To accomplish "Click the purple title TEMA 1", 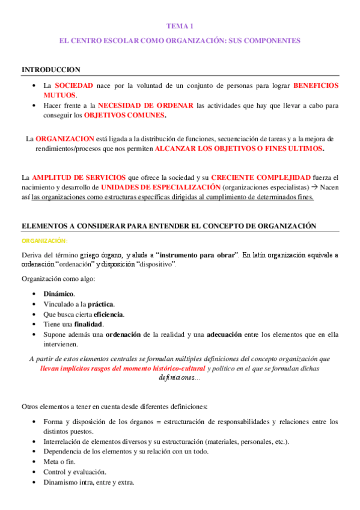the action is (180, 26).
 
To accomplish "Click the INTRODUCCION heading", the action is (51, 70).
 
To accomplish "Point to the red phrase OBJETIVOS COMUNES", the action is (125, 115).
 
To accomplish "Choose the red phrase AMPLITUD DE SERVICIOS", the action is (78, 177).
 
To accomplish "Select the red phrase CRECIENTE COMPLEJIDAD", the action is (261, 177).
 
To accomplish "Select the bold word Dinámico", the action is (59, 294).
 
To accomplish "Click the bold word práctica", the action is (100, 304).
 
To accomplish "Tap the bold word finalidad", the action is (90, 325).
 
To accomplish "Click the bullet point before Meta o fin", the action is (37, 462).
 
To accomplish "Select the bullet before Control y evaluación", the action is (37, 472).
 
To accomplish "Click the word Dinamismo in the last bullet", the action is (61, 482).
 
